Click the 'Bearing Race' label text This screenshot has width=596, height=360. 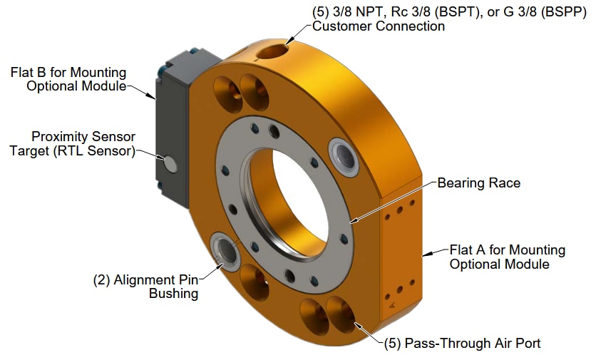[478, 183]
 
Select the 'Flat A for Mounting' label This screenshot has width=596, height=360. [507, 250]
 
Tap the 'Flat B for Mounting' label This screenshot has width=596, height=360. [68, 73]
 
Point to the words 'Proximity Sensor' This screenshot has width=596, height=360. [83, 136]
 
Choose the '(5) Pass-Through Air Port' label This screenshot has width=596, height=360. [463, 343]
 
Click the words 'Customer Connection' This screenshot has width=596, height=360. [379, 26]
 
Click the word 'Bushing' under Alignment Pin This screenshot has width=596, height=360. [173, 293]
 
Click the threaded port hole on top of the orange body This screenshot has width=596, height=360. [274, 51]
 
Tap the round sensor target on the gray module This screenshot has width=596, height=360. [170, 164]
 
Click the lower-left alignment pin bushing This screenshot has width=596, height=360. [227, 250]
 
